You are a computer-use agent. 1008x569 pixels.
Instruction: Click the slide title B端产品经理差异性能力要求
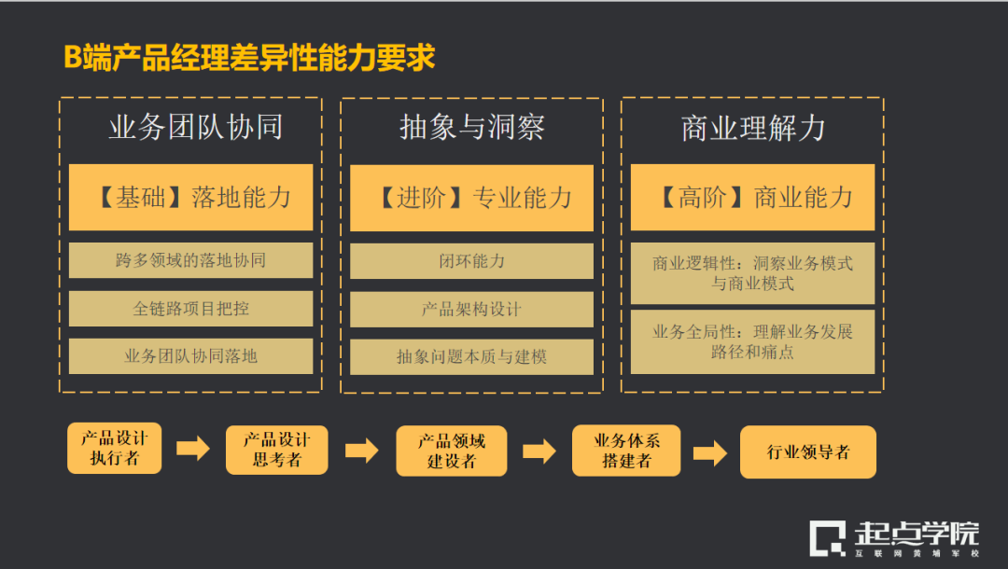(249, 58)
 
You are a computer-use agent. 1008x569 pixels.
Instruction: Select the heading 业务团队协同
(195, 128)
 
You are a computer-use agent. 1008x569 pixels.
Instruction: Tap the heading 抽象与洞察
(471, 128)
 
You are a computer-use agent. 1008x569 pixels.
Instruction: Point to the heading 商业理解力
(752, 128)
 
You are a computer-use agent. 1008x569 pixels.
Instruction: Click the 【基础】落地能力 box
(191, 198)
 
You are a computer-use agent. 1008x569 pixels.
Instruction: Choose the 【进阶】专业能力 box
(471, 198)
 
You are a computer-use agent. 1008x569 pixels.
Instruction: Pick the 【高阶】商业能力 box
(752, 198)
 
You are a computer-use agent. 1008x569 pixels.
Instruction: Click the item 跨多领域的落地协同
(191, 260)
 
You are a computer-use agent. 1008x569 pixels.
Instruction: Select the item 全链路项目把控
(191, 309)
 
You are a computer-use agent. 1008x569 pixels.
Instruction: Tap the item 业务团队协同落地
(191, 356)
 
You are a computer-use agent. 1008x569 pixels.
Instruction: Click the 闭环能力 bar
(471, 261)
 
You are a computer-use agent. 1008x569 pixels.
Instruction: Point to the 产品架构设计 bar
(471, 309)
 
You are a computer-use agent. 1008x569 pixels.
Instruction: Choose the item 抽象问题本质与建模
(471, 356)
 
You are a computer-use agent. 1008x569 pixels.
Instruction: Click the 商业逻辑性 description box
(752, 273)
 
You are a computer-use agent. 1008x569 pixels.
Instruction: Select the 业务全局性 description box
(752, 341)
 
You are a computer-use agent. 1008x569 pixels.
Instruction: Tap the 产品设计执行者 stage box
(115, 449)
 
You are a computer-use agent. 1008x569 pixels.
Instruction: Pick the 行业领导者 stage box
(808, 452)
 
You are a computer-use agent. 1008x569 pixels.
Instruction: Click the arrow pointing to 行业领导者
(710, 453)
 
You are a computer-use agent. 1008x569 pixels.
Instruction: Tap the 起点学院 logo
(894, 538)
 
